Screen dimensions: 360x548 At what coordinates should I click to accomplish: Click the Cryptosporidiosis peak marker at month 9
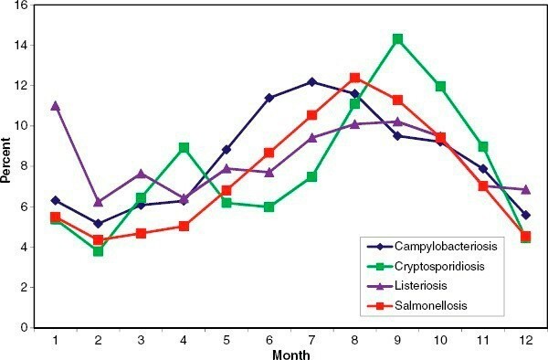423,39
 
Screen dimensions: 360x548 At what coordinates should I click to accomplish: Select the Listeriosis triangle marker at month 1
55,105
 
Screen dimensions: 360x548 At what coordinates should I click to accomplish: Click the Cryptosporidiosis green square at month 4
184,147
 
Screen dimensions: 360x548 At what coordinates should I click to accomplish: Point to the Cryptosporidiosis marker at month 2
98,250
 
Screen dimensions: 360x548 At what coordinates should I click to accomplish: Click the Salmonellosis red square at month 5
227,190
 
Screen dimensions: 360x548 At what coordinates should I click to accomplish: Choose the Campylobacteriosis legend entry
445,246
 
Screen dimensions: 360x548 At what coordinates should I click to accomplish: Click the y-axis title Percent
7,165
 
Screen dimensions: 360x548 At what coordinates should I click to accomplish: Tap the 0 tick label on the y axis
26,327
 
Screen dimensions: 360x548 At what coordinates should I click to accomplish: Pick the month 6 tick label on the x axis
269,338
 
